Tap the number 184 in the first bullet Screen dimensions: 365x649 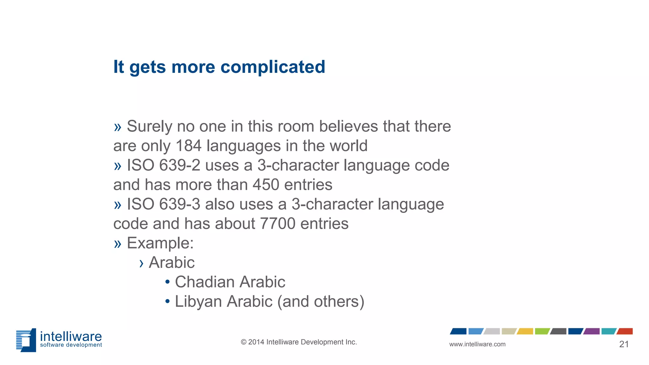189,146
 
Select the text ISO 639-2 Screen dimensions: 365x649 164,165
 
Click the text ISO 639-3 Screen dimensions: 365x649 164,204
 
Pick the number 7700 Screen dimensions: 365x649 278,224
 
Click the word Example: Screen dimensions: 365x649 160,243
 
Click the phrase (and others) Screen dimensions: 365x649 321,302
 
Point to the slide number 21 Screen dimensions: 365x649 624,344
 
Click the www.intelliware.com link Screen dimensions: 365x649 477,344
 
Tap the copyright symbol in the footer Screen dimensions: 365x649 243,342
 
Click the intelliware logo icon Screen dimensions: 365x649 26,340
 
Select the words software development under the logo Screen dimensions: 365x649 71,345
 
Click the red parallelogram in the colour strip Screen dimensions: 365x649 625,331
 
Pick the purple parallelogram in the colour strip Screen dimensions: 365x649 592,331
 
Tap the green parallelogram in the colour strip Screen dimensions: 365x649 542,331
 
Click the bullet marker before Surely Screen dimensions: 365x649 118,127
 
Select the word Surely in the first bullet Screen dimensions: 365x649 149,126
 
